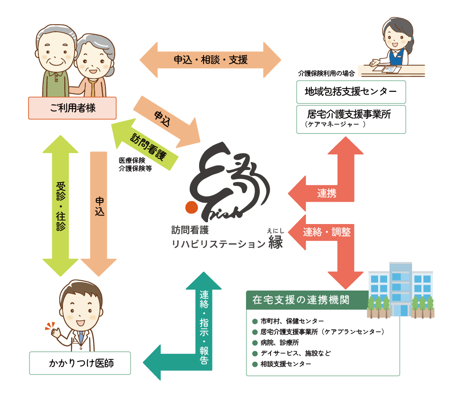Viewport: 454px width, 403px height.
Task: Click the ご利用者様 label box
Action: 72,108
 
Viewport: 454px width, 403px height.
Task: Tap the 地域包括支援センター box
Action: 351,92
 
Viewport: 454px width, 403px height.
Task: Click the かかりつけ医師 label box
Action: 80,363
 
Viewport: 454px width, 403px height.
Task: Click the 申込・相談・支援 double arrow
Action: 210,59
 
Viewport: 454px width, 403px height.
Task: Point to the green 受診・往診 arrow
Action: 60,205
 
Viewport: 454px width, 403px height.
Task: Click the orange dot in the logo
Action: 192,208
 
